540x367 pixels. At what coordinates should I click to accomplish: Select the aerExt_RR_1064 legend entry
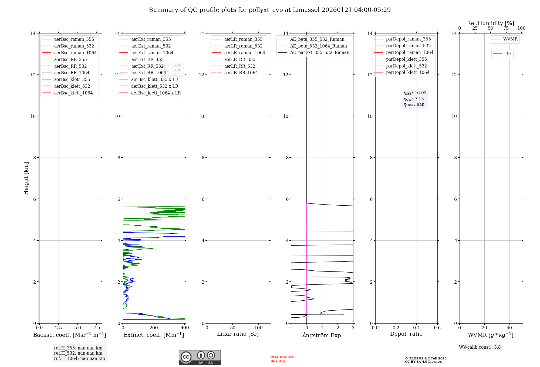point(148,73)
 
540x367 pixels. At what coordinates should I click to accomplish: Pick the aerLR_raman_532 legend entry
point(243,46)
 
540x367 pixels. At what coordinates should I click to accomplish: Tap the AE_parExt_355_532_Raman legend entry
point(319,53)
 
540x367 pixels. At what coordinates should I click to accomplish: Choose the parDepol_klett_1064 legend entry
point(407,73)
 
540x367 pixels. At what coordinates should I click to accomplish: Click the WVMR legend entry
point(510,39)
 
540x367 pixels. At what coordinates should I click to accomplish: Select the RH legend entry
point(508,54)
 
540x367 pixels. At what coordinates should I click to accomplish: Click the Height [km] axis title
point(26,178)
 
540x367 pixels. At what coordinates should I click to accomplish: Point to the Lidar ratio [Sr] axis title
point(238,334)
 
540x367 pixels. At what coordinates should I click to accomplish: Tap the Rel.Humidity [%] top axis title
point(490,23)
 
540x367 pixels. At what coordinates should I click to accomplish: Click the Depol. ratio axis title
point(406,334)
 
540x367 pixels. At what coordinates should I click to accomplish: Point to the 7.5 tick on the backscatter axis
point(97,328)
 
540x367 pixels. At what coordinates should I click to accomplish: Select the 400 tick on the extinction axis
point(185,328)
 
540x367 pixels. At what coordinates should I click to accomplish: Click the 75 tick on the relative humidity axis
point(506,28)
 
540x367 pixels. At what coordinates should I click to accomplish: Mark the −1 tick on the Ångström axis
point(291,328)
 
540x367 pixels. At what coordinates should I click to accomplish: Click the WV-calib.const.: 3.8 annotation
point(480,347)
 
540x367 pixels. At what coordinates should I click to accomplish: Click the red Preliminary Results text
point(282,359)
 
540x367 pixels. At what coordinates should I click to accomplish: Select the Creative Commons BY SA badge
point(200,358)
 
